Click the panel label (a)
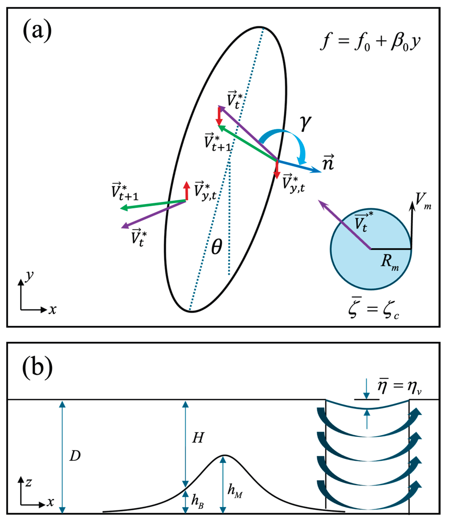click(x=37, y=31)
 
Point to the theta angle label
click(x=217, y=247)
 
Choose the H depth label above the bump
click(x=198, y=438)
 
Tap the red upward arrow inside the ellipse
click(x=187, y=191)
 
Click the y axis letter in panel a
click(x=30, y=276)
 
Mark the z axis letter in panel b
click(x=29, y=482)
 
